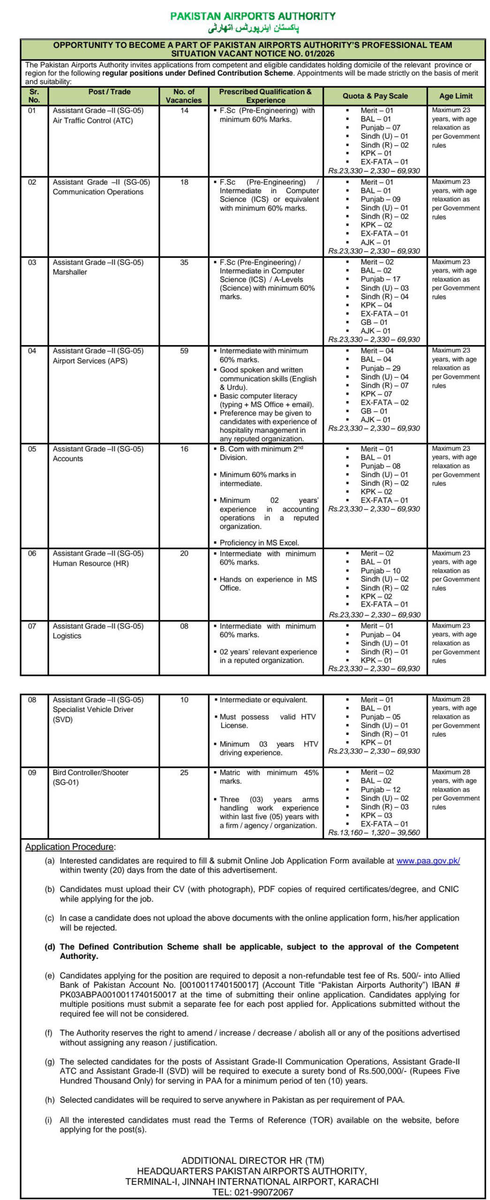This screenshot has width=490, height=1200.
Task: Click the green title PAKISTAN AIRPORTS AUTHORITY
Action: (253, 16)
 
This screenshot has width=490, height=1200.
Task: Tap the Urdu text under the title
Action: (253, 29)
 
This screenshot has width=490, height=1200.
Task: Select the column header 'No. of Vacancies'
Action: (183, 96)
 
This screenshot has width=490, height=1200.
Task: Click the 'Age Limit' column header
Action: (455, 96)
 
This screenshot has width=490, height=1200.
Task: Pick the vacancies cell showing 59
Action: (184, 351)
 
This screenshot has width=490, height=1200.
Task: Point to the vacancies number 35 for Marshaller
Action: (184, 262)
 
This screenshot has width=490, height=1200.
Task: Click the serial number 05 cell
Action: (32, 449)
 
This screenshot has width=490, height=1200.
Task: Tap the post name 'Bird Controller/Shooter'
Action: (90, 773)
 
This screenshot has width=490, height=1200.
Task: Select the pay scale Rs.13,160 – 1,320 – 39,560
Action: (374, 833)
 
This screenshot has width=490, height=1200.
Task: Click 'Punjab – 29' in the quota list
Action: (380, 368)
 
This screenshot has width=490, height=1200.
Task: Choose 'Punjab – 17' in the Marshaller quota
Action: (380, 279)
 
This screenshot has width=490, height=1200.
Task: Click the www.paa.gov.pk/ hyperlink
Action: (428, 861)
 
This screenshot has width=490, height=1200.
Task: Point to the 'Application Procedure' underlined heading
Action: (69, 847)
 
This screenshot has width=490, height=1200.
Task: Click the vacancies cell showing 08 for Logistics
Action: (184, 626)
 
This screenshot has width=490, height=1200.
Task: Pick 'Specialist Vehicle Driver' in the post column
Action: (93, 710)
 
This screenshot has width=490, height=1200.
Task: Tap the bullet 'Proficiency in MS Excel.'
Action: (259, 543)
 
